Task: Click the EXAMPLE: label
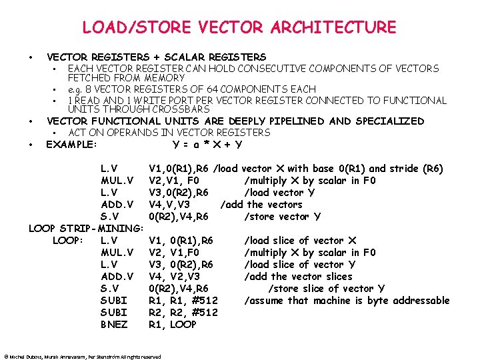coord(71,145)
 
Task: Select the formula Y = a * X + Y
coord(207,145)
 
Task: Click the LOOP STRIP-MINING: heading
coord(86,229)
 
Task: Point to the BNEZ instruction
coord(115,325)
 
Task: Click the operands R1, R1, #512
coord(183,301)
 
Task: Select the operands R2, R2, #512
coord(183,313)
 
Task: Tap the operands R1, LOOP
coord(173,325)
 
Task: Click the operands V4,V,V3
coord(169,205)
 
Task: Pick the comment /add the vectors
coord(261,205)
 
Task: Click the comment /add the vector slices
coord(298,277)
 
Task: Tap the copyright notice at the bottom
coord(83,357)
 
